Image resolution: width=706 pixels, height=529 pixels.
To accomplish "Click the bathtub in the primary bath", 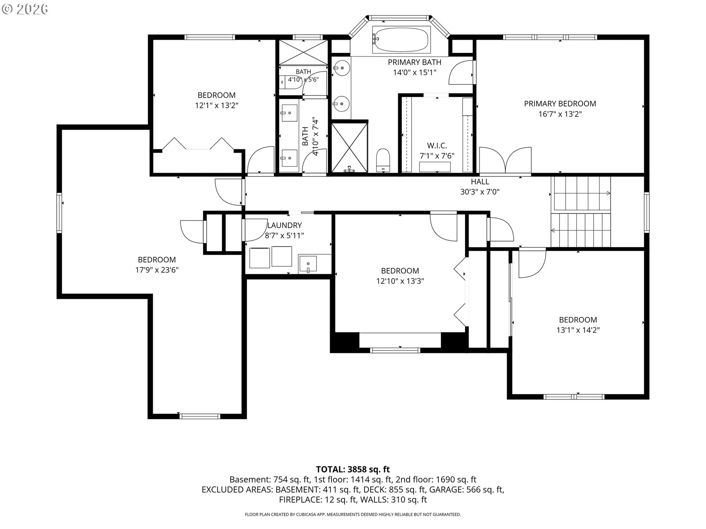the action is [x=400, y=39].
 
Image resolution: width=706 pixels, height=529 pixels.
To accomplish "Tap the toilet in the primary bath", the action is [x=383, y=160].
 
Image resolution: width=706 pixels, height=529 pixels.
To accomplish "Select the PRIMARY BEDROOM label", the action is [x=560, y=104].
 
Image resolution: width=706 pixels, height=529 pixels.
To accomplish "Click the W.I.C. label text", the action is [x=437, y=145].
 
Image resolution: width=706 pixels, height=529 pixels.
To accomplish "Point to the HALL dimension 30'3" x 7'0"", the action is [x=480, y=191].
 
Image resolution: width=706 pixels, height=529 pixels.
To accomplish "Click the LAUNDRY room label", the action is [x=284, y=225].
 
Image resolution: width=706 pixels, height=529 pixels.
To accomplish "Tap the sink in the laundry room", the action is [x=308, y=264].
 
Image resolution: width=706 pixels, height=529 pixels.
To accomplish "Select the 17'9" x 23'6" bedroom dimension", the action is [x=157, y=270].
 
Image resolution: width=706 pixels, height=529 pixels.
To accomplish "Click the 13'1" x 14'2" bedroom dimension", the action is [x=578, y=330].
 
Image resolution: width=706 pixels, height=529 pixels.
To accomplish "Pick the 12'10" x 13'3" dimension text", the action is [x=400, y=281].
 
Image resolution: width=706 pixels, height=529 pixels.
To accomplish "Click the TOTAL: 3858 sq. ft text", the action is [x=353, y=469].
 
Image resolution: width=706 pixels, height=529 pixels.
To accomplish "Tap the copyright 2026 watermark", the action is [x=25, y=9].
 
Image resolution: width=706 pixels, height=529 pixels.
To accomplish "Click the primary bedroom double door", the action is [x=505, y=161].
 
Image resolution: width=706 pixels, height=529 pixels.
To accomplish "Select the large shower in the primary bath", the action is [x=349, y=148].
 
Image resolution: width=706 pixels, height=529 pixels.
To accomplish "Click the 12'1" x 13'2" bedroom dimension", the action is [x=217, y=105].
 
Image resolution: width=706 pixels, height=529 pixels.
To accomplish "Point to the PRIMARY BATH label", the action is [x=414, y=62].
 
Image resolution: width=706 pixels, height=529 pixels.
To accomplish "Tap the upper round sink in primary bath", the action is [x=342, y=68].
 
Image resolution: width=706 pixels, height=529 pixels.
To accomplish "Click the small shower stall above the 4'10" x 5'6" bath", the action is [x=303, y=52].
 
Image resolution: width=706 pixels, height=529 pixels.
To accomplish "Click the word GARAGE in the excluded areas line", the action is [x=446, y=489].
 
